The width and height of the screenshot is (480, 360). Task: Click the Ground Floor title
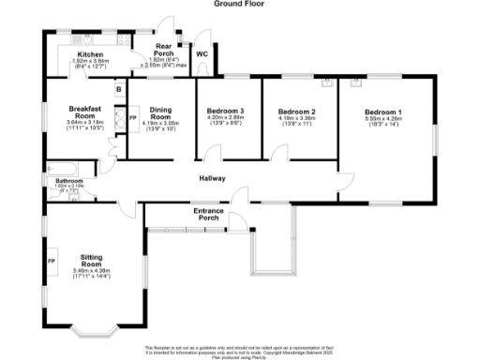pyautogui.click(x=240, y=5)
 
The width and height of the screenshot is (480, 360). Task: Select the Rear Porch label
pyautogui.click(x=163, y=52)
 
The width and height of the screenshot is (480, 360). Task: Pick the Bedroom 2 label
pyautogui.click(x=296, y=112)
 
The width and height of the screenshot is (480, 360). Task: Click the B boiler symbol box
pyautogui.click(x=117, y=90)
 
